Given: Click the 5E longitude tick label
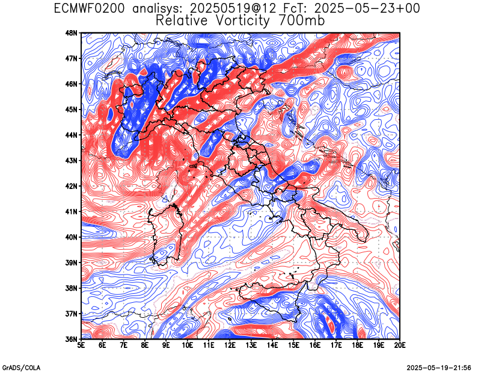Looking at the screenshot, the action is point(81,346).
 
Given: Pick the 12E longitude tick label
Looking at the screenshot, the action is point(230,346).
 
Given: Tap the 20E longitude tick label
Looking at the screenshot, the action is point(400,346).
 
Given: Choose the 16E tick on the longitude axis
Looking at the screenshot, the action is point(315,346).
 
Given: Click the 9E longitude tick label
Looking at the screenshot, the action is point(166,346).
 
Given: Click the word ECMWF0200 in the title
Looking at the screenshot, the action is point(89,8).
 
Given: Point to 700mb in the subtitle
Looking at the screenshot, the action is point(302,20).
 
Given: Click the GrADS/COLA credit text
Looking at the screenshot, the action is point(21,368).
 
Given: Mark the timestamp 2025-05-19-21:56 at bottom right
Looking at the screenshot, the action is point(439,368).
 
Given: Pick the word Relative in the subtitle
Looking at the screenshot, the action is point(182,20).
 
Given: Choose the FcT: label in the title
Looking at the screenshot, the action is point(295,8).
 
